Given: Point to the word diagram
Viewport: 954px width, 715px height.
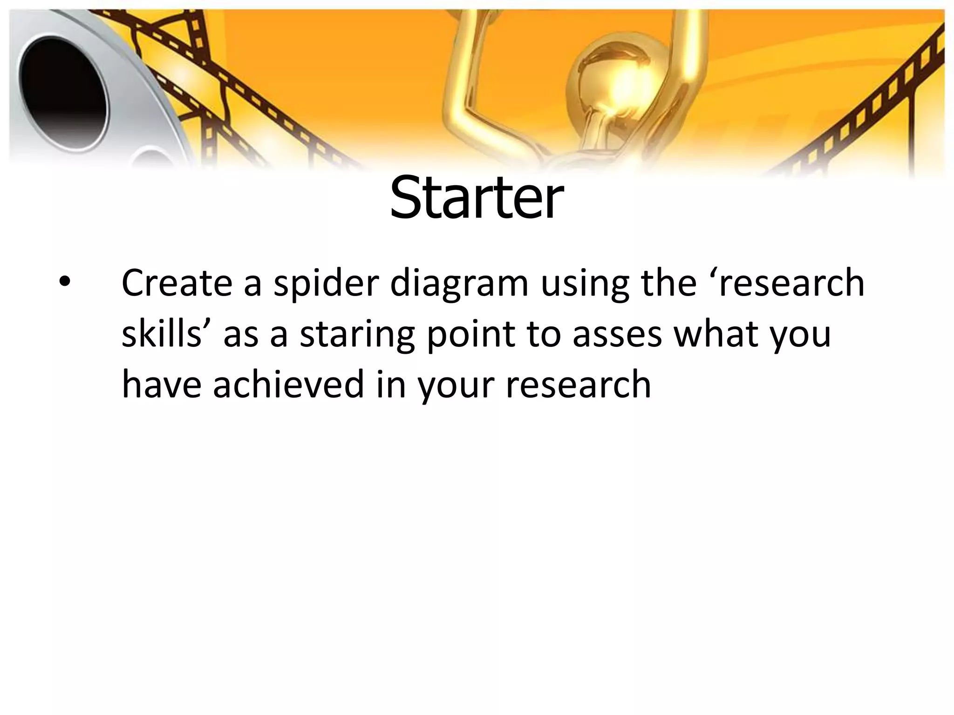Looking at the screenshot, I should point(459,284).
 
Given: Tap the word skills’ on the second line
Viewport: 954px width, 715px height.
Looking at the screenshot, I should point(167,334).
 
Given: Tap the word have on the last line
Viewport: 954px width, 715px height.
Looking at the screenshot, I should point(162,385).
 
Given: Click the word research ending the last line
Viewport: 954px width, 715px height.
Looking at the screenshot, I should point(578,385).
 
